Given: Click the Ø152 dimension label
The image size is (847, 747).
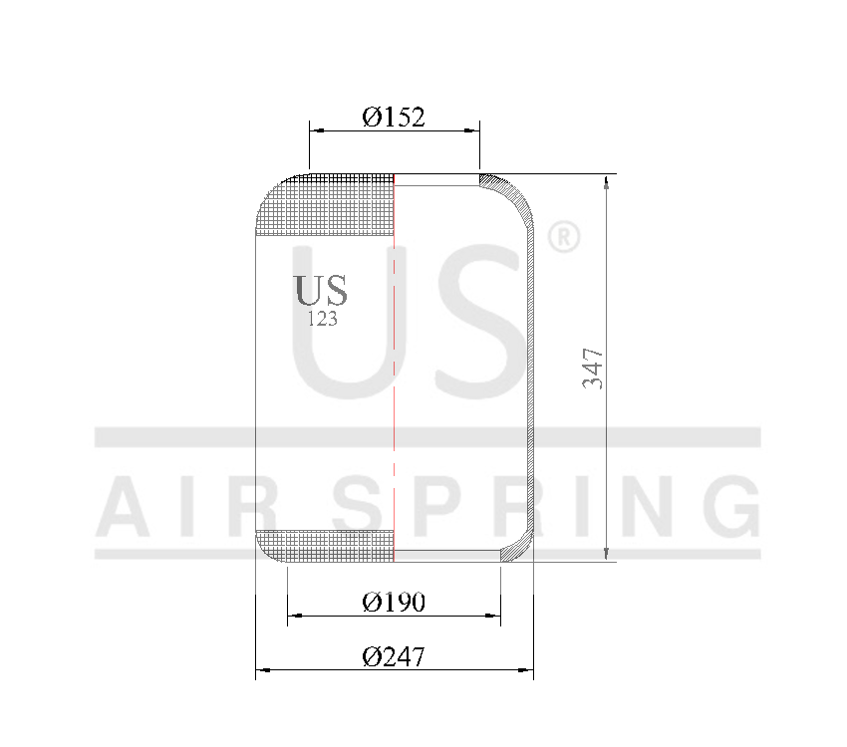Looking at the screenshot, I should click(x=394, y=118).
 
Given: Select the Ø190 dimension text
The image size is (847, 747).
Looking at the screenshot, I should click(x=394, y=602).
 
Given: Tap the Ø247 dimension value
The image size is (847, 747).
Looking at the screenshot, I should click(x=394, y=657).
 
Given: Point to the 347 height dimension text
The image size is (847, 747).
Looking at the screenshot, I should click(x=593, y=368).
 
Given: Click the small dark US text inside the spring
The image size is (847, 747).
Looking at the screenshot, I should click(x=321, y=290).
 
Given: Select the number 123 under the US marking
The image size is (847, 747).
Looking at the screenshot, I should click(x=322, y=320).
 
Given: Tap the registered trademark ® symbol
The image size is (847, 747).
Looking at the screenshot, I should click(x=564, y=237).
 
